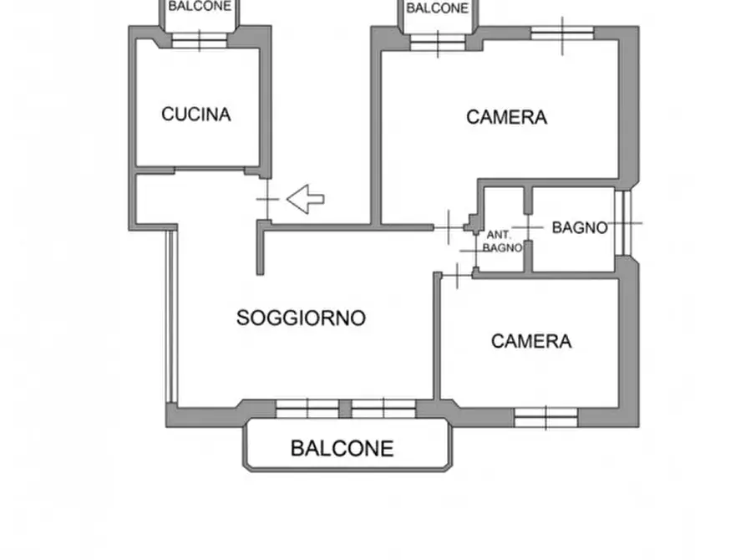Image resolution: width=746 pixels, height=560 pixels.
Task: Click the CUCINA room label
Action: [195, 115]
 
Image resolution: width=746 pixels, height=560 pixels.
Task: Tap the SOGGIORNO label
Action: [301, 318]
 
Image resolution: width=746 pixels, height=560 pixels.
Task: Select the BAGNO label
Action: [579, 227]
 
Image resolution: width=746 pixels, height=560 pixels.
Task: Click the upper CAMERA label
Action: [506, 118]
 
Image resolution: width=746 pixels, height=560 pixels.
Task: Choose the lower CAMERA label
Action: [531, 341]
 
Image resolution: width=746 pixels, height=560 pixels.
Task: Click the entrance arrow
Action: [306, 199]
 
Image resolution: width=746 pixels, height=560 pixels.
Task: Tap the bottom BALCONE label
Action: [342, 448]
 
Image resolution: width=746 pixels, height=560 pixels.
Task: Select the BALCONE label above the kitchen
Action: [200, 6]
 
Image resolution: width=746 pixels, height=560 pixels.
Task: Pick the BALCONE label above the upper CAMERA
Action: [437, 8]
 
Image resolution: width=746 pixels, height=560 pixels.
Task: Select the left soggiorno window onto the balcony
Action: [307, 408]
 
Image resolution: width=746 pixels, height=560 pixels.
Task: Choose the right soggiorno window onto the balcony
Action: [383, 408]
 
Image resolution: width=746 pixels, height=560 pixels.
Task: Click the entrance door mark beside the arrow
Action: [266, 201]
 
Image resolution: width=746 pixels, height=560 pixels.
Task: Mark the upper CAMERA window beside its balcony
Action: [438, 42]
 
